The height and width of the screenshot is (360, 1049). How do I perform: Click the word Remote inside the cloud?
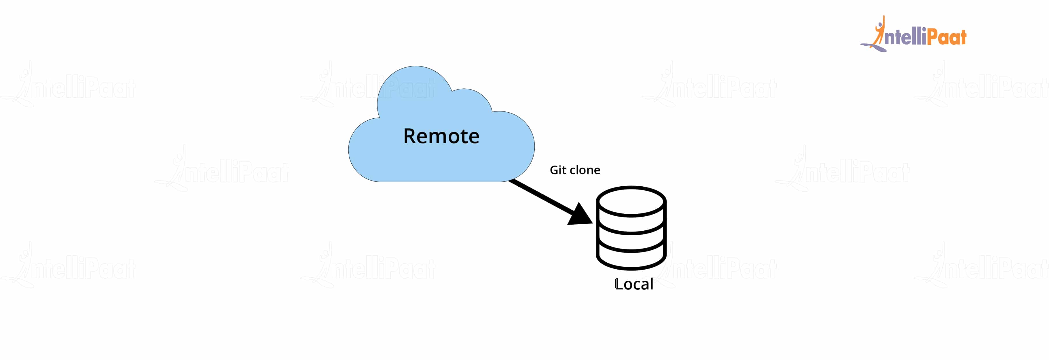point(441,136)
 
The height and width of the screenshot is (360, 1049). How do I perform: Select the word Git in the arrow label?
point(558,170)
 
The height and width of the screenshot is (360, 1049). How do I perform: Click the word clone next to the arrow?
point(585,170)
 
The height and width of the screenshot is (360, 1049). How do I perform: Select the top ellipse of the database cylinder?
point(631,201)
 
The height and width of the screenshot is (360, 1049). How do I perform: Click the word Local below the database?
point(634,284)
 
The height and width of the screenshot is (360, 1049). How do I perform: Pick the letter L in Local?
point(618,284)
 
